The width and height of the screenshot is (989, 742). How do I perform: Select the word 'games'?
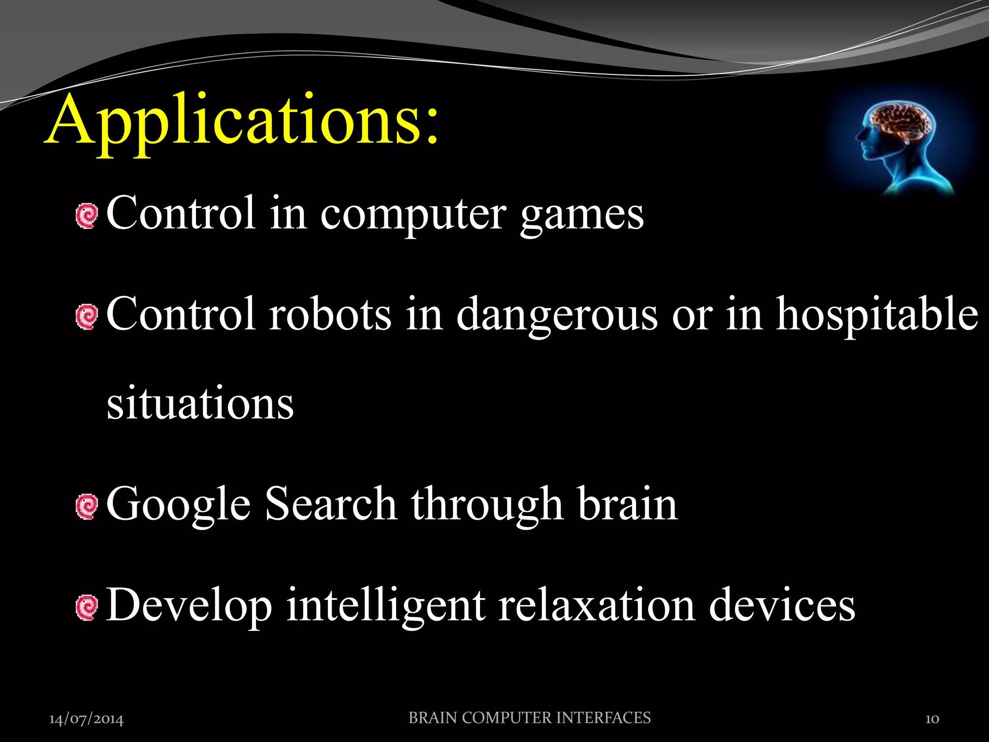pos(582,215)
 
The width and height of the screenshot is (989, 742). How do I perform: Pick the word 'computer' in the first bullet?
pos(413,215)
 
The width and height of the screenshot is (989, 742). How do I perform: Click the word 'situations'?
pos(200,403)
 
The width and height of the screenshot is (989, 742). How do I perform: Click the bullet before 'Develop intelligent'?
pos(87,608)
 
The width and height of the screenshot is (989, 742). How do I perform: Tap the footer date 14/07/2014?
pos(86,719)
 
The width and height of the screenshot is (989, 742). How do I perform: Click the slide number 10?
pos(932,719)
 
